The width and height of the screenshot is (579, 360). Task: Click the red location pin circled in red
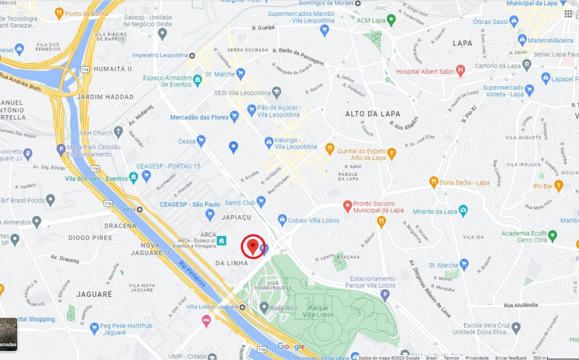(x=253, y=246)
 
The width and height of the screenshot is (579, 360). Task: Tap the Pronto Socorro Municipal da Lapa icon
(x=347, y=206)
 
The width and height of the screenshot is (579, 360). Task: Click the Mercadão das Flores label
(x=199, y=117)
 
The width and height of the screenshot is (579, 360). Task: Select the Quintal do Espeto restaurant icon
(x=392, y=153)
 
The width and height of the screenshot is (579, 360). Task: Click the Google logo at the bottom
(x=291, y=347)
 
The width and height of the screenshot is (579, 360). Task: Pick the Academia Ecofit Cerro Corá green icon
(x=552, y=235)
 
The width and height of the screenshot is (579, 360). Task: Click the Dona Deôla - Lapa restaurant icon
(x=434, y=183)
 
